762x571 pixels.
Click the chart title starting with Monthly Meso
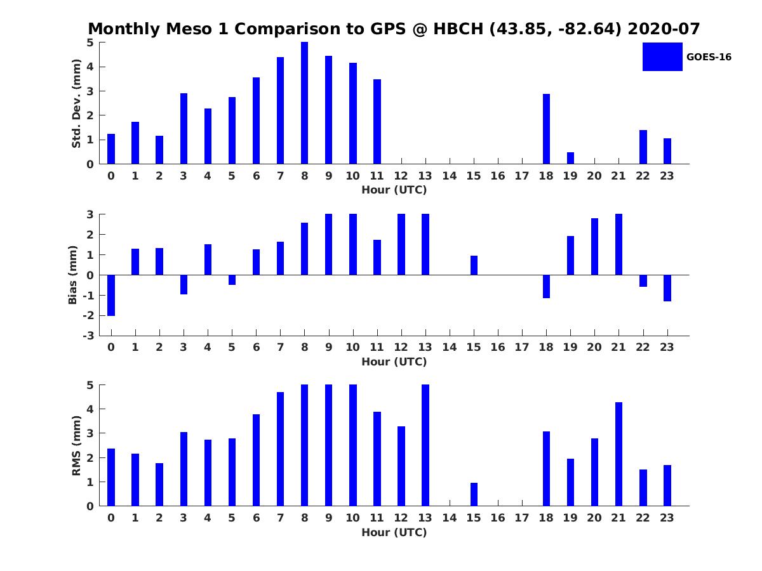pyautogui.click(x=394, y=29)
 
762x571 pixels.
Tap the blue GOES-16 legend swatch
pyautogui.click(x=662, y=56)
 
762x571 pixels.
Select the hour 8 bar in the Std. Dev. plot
pyautogui.click(x=304, y=103)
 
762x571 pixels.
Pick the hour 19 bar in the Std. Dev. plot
pyautogui.click(x=570, y=158)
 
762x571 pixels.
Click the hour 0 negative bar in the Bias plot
pyautogui.click(x=111, y=296)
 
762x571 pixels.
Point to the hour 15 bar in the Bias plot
pyautogui.click(x=474, y=265)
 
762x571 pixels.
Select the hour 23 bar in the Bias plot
pyautogui.click(x=667, y=288)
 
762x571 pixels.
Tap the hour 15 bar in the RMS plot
pyautogui.click(x=474, y=494)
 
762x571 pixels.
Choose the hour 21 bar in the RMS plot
pyautogui.click(x=618, y=454)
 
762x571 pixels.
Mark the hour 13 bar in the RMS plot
pyautogui.click(x=425, y=445)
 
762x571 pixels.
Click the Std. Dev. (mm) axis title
pyautogui.click(x=76, y=103)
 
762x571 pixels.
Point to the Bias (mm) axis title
pyautogui.click(x=72, y=275)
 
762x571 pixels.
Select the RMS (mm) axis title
pyautogui.click(x=76, y=445)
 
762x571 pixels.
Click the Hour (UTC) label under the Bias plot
pyautogui.click(x=394, y=362)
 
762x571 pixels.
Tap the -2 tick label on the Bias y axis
pyautogui.click(x=88, y=315)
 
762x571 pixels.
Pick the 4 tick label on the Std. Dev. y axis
pyautogui.click(x=90, y=67)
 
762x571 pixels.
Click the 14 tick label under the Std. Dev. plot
pyautogui.click(x=449, y=176)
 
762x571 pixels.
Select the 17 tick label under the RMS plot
pyautogui.click(x=522, y=518)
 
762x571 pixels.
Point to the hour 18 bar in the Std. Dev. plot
pyautogui.click(x=546, y=129)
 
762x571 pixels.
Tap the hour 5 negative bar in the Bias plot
pyautogui.click(x=232, y=280)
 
